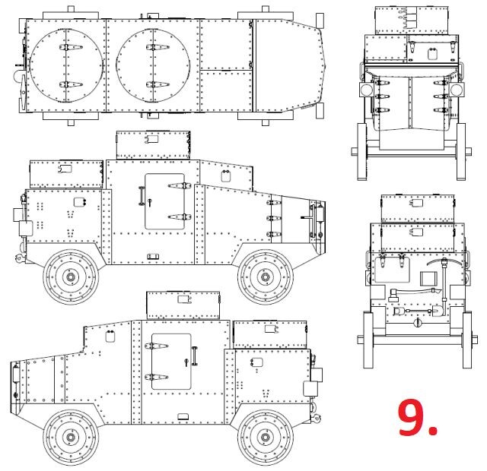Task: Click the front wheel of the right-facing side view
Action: point(266,277)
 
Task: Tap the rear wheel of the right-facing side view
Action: point(71,277)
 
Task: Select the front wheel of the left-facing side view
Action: point(71,437)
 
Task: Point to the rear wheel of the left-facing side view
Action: point(266,437)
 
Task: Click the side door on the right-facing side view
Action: point(164,201)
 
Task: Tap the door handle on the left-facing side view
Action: point(195,356)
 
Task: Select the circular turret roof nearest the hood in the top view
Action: point(153,66)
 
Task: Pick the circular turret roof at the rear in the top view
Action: point(66,66)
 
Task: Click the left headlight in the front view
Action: point(366,90)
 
